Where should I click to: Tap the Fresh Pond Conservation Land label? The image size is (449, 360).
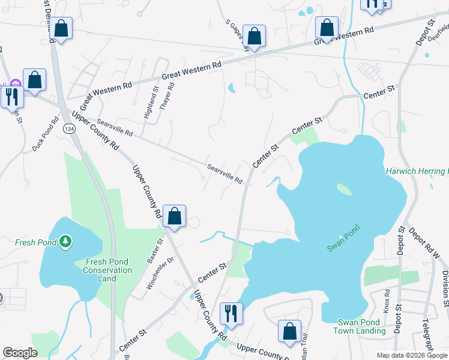point(109,270)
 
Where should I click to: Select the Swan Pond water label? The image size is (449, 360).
point(343,238)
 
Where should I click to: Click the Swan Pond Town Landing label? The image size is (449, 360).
point(361,326)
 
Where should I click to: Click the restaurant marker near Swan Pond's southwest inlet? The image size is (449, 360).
point(229,313)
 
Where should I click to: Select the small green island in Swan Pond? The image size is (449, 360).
point(344,189)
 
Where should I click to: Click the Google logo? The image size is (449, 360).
point(20,353)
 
